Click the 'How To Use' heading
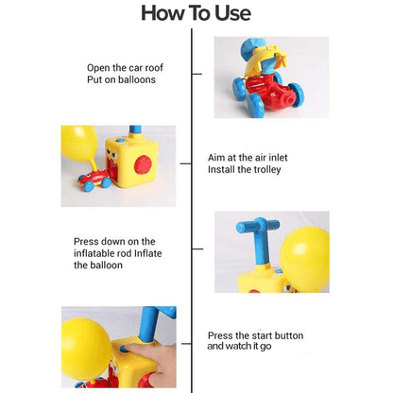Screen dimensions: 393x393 pyautogui.click(x=196, y=13)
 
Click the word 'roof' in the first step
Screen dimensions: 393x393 pyautogui.click(x=154, y=68)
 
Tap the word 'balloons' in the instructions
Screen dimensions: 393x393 pyautogui.click(x=137, y=79)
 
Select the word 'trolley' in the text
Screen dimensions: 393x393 pyautogui.click(x=266, y=170)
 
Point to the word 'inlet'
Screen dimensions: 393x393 pyautogui.click(x=277, y=158)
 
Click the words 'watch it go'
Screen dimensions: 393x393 pyautogui.click(x=248, y=347)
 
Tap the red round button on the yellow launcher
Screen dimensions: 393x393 pyautogui.click(x=144, y=164)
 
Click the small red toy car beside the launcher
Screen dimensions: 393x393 pyautogui.click(x=94, y=180)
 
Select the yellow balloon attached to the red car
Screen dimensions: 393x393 pyautogui.click(x=79, y=144)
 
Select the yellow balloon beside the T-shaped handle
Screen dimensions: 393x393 pyautogui.click(x=305, y=259)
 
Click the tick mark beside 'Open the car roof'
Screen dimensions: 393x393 pyautogui.click(x=196, y=74)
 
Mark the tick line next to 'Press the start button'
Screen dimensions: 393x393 pyautogui.click(x=187, y=344)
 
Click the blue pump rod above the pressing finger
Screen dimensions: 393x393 pyautogui.click(x=150, y=324)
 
